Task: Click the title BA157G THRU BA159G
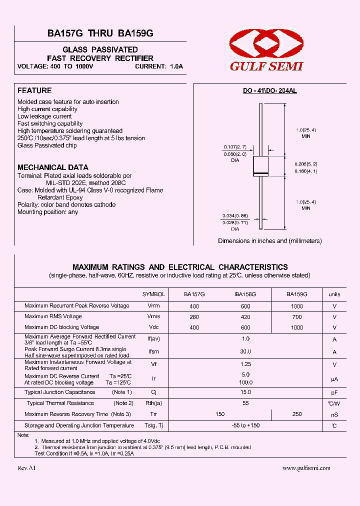pos(100,33)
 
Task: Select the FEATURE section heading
pos(34,90)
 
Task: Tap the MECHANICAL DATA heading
pos(53,167)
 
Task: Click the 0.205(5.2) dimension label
pos(306,164)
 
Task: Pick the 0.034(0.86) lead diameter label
pos(235,216)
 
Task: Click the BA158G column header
pos(245,294)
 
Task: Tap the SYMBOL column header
pos(153,294)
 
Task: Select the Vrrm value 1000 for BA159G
pos(296,306)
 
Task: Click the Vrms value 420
pos(245,317)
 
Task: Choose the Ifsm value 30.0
pos(245,351)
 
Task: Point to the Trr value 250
pos(296,414)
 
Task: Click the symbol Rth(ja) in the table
pos(154,403)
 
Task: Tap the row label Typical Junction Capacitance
pos(59,392)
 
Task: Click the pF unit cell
pos(334,393)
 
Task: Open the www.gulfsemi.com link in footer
pos(306,468)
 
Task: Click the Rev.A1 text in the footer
pos(26,468)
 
